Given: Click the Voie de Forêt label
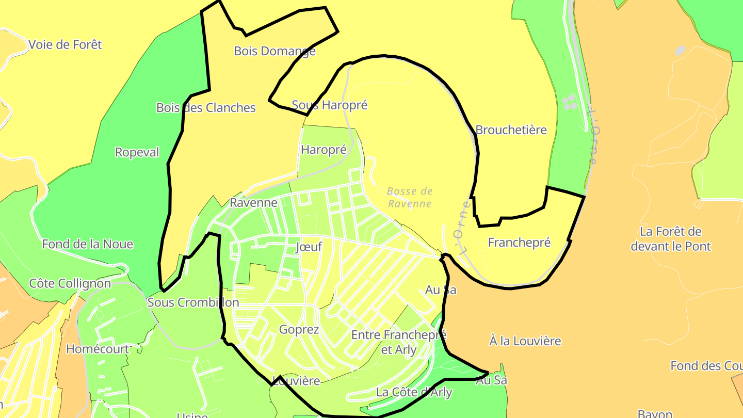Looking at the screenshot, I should click(x=65, y=45).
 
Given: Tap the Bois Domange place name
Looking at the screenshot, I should click(x=274, y=51).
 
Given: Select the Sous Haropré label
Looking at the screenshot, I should click(x=330, y=105).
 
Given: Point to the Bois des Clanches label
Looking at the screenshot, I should click(x=206, y=108).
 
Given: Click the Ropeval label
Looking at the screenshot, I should click(x=137, y=152).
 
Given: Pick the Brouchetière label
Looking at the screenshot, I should click(x=511, y=130).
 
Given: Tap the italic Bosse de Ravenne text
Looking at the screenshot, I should click(x=410, y=197).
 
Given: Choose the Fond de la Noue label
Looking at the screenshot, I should click(x=88, y=244).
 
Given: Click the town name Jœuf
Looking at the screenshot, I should click(x=309, y=247).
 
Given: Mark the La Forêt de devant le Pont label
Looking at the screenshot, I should click(x=670, y=238).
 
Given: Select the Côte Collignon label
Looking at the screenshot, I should click(x=70, y=283).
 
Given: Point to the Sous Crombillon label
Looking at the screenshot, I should click(x=193, y=302).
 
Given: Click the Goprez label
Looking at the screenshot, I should click(x=299, y=329).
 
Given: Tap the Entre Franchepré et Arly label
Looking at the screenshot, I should click(x=398, y=342).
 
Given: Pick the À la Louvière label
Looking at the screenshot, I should click(x=525, y=341).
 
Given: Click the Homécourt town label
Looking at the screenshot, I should click(x=98, y=349).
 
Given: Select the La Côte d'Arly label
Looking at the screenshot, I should click(x=414, y=392).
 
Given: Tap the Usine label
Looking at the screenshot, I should click(x=192, y=415).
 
